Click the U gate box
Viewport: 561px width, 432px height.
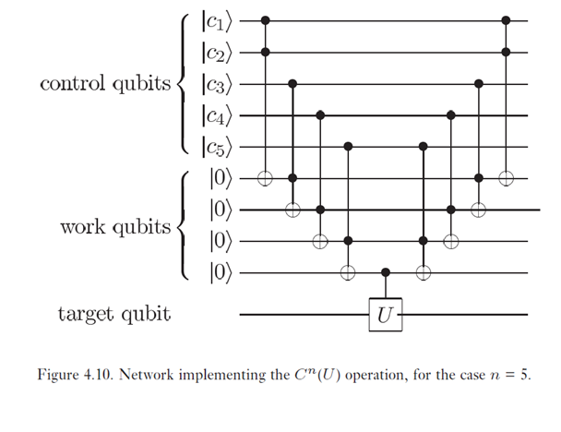(385, 315)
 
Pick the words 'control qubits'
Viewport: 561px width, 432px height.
(105, 84)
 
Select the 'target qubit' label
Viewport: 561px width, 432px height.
(113, 315)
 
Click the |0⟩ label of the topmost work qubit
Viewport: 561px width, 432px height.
(221, 178)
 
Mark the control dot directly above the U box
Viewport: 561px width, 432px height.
(385, 273)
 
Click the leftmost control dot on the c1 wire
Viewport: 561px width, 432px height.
(267, 18)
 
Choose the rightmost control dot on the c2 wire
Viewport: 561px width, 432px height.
(505, 52)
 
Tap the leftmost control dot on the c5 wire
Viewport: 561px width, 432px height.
(348, 146)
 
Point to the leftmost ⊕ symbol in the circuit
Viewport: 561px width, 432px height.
(267, 178)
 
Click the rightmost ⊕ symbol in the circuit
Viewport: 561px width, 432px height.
(505, 178)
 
